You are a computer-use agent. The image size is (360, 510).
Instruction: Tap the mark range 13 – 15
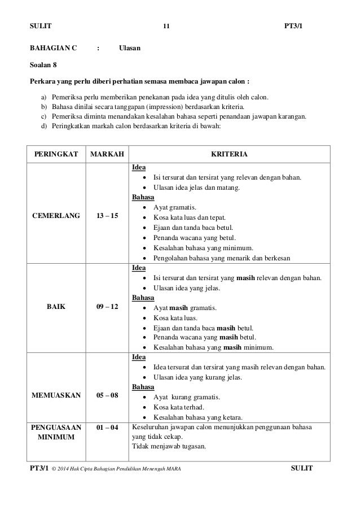[107, 215]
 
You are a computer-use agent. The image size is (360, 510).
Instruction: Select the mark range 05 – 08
[107, 395]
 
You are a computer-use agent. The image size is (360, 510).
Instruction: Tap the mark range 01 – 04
[107, 428]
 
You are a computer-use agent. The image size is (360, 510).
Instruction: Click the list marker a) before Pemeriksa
[44, 95]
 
